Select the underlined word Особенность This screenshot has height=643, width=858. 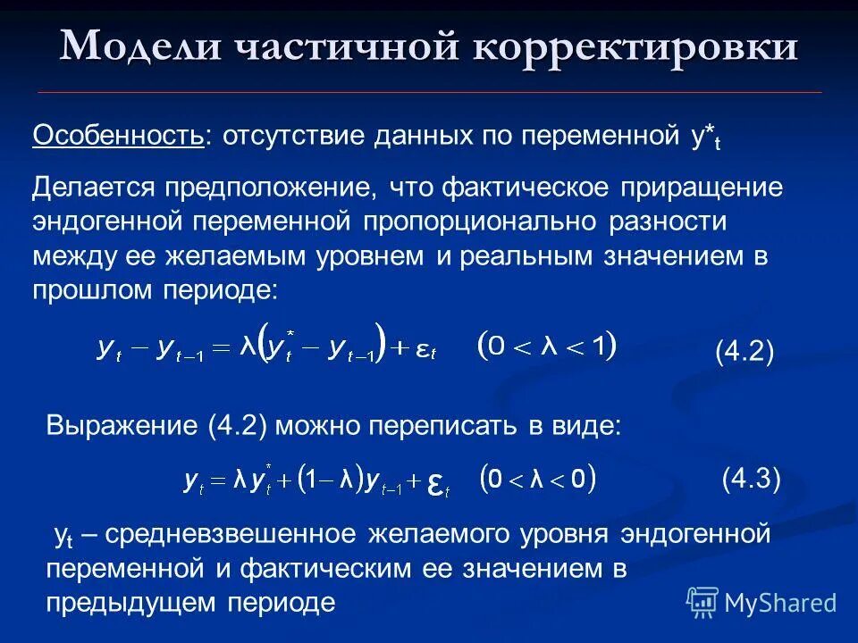(x=118, y=137)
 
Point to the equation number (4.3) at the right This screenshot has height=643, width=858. (x=751, y=480)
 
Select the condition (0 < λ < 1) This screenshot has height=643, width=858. (x=547, y=346)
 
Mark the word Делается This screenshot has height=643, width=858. (x=91, y=188)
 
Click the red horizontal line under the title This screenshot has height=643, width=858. (x=429, y=93)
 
